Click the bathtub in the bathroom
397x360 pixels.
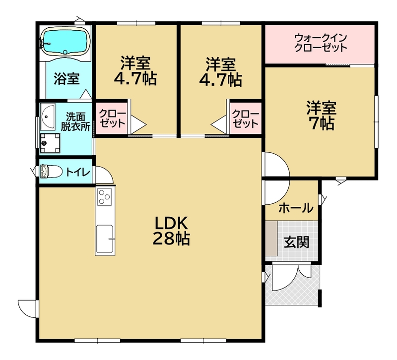[x=66, y=42]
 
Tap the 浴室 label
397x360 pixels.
[x=66, y=79]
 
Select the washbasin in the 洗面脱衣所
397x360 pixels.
[x=48, y=117]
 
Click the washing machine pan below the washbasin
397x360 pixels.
[x=50, y=143]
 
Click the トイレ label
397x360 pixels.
[x=78, y=172]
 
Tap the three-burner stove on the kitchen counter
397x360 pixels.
[x=104, y=197]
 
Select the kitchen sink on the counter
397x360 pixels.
[x=104, y=239]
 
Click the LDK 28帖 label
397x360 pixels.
[x=171, y=231]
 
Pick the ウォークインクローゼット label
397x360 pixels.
[x=321, y=43]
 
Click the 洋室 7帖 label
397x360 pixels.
[x=321, y=116]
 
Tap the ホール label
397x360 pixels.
[x=296, y=208]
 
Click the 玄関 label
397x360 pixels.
[x=296, y=242]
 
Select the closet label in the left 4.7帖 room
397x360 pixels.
[x=112, y=119]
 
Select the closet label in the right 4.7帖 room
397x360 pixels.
[x=245, y=119]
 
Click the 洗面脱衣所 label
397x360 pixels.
[x=75, y=121]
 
